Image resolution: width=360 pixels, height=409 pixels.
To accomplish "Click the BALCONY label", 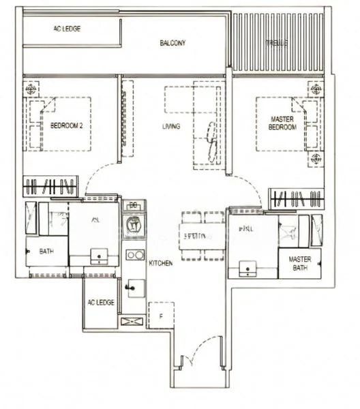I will pyautogui.click(x=172, y=43).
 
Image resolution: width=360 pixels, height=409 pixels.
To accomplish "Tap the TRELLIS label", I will pyautogui.click(x=276, y=43).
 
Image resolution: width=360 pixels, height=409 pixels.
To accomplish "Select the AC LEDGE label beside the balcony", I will pyautogui.click(x=67, y=29).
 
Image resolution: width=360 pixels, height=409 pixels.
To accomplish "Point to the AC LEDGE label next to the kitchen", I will pyautogui.click(x=100, y=302).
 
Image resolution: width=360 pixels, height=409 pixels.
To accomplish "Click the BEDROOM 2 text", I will pyautogui.click(x=66, y=125).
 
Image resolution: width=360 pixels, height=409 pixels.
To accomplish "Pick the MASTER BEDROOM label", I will pyautogui.click(x=282, y=123).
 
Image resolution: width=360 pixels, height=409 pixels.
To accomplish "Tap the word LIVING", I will pyautogui.click(x=170, y=127).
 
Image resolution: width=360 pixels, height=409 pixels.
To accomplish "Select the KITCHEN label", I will pyautogui.click(x=161, y=262).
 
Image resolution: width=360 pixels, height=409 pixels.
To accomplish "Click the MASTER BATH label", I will pyautogui.click(x=299, y=263).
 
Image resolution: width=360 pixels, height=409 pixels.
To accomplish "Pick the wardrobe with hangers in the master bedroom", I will pyautogui.click(x=296, y=199).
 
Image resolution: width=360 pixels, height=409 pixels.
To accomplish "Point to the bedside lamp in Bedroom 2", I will pyautogui.click(x=31, y=89).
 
